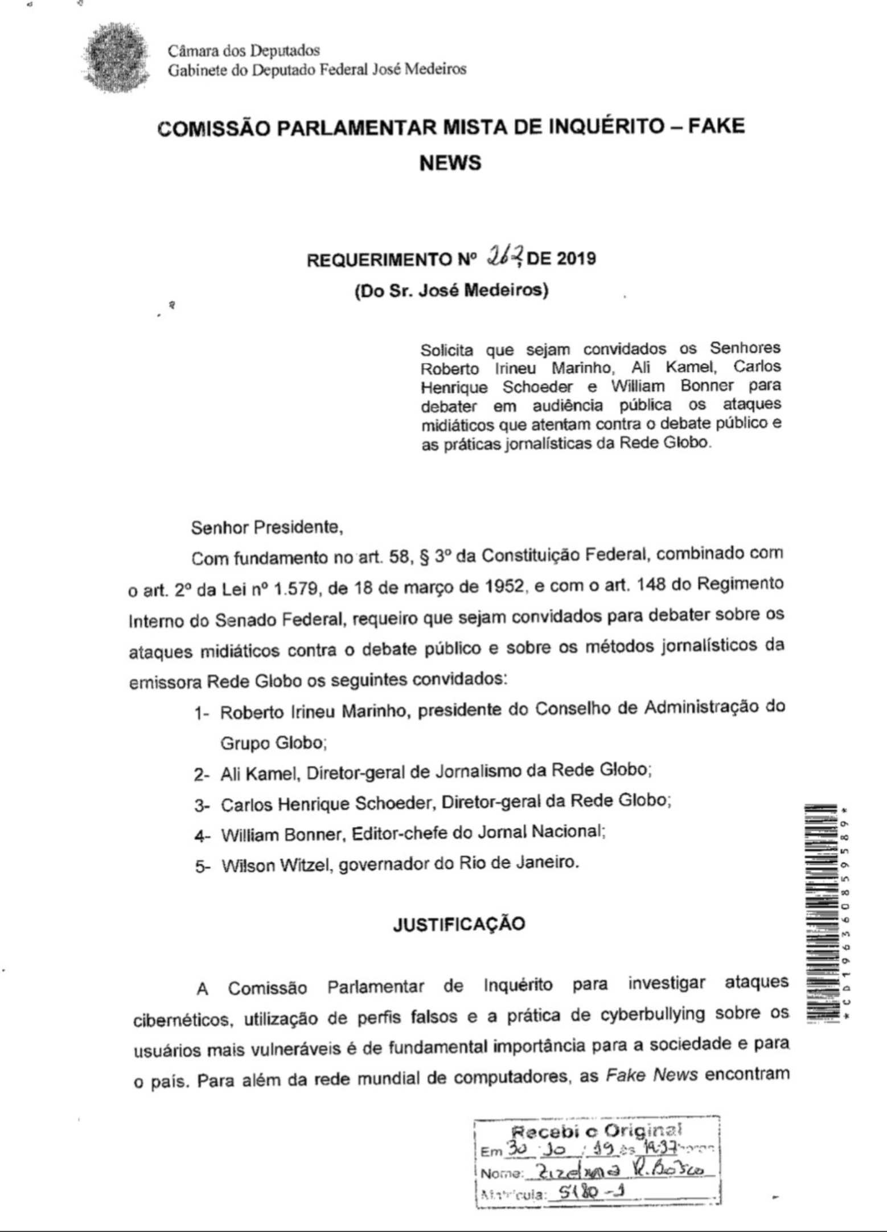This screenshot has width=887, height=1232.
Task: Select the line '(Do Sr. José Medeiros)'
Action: (x=451, y=291)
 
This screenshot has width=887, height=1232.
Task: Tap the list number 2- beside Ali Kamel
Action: (x=202, y=774)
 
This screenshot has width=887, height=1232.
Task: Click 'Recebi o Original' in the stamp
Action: (x=597, y=1131)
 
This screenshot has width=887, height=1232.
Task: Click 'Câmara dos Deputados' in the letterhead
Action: (x=243, y=51)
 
